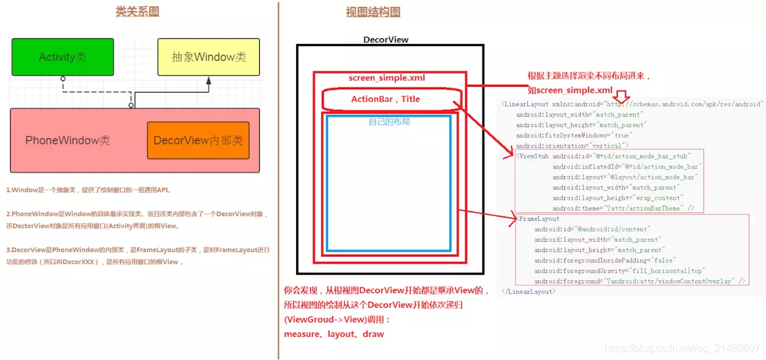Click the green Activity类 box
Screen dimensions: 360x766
pyautogui.click(x=63, y=57)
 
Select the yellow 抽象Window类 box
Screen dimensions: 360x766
pyautogui.click(x=209, y=57)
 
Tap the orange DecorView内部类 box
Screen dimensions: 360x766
pyautogui.click(x=199, y=140)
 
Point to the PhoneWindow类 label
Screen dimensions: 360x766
pyautogui.click(x=68, y=140)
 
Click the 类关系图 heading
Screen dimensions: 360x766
pyautogui.click(x=137, y=11)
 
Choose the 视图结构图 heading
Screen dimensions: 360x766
pyautogui.click(x=373, y=12)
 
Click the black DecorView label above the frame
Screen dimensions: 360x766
pyautogui.click(x=386, y=40)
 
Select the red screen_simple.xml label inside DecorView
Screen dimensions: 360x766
pyautogui.click(x=387, y=78)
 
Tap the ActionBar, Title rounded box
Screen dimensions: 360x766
pyautogui.click(x=386, y=99)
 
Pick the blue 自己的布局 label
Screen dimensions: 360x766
pyautogui.click(x=389, y=121)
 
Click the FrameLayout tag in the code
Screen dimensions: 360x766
pyautogui.click(x=539, y=218)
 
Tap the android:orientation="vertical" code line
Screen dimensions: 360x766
pyautogui.click(x=571, y=146)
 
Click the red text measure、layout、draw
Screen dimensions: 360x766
pyautogui.click(x=334, y=334)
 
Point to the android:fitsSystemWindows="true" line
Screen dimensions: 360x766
pyautogui.click(x=573, y=135)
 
